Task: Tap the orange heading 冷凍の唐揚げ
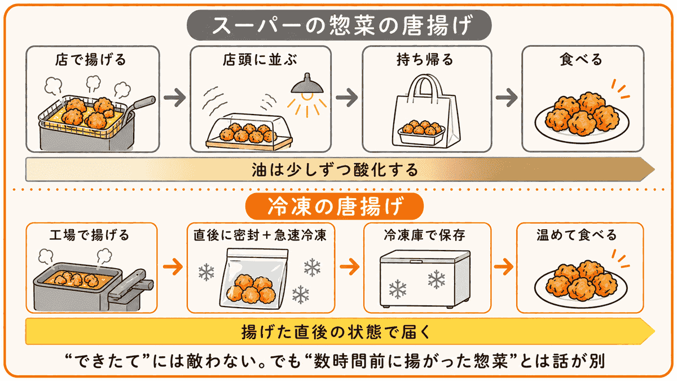[335, 207]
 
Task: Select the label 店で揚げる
[90, 60]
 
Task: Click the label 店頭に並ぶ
[260, 60]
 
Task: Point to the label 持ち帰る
[425, 60]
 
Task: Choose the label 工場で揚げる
[90, 235]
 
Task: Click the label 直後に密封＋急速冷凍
[260, 235]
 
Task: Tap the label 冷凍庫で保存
[425, 235]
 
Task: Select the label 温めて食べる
[577, 235]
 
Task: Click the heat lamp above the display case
[307, 85]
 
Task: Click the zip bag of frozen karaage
[253, 279]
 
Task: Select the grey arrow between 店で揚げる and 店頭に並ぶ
[175, 97]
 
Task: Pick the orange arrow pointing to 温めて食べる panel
[504, 266]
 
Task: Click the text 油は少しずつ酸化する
[335, 170]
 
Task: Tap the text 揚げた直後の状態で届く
[336, 332]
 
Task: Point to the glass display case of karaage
[249, 132]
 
